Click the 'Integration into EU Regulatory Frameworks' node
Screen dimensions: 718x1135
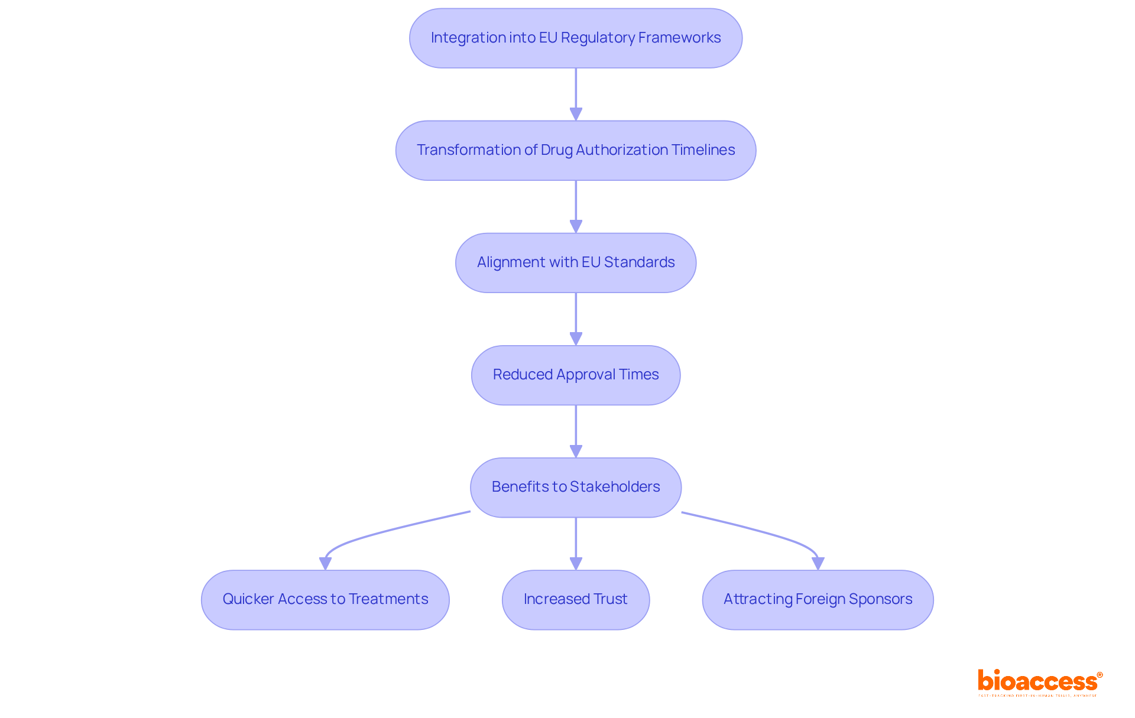coord(575,38)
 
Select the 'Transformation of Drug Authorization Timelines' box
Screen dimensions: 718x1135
coord(575,151)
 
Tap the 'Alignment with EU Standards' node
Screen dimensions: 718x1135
coord(575,263)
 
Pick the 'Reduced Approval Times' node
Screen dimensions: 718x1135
coord(575,375)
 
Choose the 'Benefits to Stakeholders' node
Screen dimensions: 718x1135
coord(575,488)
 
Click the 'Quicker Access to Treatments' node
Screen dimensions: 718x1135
coord(325,600)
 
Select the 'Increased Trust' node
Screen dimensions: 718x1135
coord(575,600)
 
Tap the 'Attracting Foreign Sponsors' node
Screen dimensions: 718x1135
coord(818,600)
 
